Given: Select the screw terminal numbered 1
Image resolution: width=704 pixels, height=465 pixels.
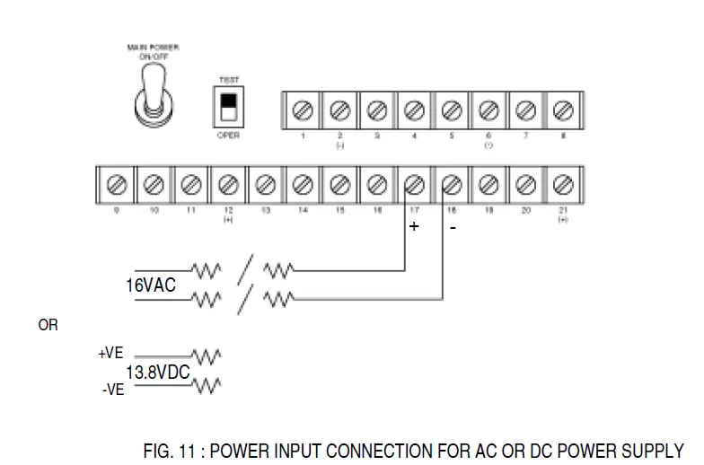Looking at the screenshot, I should click(x=303, y=110).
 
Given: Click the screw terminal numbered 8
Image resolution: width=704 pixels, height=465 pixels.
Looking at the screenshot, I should click(x=563, y=110).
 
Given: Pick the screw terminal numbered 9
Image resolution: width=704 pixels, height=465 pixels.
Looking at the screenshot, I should click(x=116, y=185).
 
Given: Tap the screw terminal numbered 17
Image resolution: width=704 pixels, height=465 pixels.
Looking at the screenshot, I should click(x=414, y=185).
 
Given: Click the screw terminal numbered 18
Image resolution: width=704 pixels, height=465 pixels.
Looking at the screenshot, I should click(x=452, y=185).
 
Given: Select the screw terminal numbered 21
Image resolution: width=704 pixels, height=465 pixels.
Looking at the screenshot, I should click(x=563, y=185).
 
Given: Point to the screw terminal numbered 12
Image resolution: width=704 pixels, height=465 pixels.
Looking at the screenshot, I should click(x=227, y=185).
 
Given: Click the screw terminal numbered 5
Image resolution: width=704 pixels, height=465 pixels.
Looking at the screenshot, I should click(x=452, y=110).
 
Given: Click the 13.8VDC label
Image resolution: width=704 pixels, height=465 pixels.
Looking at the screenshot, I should click(x=158, y=371).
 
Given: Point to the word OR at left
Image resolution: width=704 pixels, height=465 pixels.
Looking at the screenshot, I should click(x=48, y=325).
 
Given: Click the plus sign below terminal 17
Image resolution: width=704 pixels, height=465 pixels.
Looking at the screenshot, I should click(x=414, y=227).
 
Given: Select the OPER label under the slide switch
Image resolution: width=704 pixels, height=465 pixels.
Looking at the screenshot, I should click(x=227, y=136).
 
